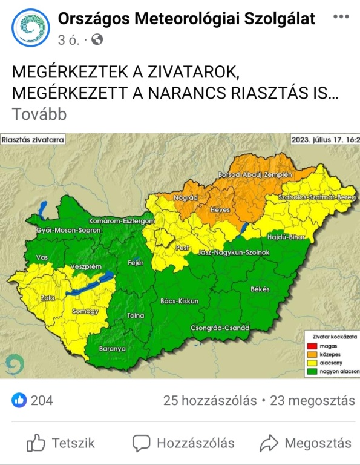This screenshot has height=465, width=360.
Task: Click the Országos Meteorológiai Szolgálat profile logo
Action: (31, 28)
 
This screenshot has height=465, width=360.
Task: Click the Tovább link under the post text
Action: (39, 114)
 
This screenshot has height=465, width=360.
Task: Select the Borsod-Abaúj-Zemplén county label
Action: (255, 174)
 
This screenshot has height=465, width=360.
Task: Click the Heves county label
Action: (220, 209)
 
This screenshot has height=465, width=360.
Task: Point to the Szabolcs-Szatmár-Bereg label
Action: (318, 197)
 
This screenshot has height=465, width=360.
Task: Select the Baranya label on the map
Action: (111, 349)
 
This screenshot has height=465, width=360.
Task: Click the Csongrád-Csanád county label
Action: (220, 328)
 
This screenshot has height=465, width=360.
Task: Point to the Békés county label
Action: (260, 289)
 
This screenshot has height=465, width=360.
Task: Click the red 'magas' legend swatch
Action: (310, 343)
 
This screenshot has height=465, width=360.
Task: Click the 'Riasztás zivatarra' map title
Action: (32, 140)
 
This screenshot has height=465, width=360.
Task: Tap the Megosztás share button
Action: (306, 443)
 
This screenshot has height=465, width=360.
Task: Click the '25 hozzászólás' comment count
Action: (208, 400)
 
